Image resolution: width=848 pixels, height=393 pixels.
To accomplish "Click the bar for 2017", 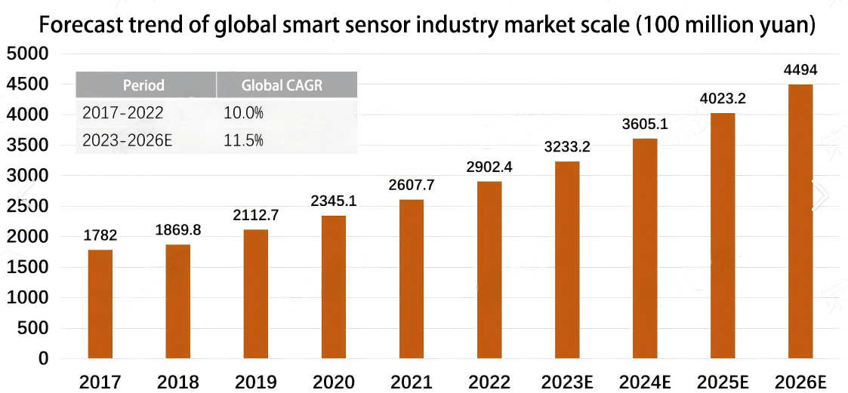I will tap(100, 304).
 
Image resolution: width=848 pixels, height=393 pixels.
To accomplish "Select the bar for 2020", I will tap(333, 287).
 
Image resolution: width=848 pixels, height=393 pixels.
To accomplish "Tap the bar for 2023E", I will tap(566, 260).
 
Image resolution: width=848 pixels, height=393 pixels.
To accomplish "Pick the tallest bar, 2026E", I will tap(800, 222).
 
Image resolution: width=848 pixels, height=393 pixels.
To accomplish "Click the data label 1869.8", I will tap(178, 230).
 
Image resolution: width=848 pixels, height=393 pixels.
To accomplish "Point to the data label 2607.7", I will tap(411, 185).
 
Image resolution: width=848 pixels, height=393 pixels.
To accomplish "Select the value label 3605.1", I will tap(644, 124).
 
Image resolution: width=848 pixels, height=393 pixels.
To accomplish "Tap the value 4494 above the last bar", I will tap(800, 70).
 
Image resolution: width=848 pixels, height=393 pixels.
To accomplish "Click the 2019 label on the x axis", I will tap(255, 382).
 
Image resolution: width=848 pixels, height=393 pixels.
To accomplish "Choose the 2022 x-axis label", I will tap(489, 382).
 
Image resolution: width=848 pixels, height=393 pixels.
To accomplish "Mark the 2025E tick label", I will tap(722, 382).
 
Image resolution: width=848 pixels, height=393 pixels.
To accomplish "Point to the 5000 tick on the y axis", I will tap(26, 54).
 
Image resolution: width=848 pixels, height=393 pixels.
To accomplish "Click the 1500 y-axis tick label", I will tap(26, 268).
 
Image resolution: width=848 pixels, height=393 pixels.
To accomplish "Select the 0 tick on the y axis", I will tap(43, 359).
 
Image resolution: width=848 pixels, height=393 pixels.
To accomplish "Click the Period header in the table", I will tap(143, 85).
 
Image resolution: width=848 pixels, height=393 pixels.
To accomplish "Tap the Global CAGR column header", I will tap(282, 85).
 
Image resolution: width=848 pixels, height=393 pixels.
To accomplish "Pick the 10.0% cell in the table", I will tap(243, 113).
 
